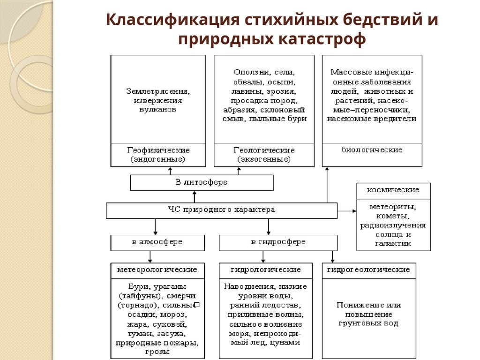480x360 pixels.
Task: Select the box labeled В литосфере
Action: (x=202, y=182)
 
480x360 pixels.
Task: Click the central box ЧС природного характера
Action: (x=221, y=210)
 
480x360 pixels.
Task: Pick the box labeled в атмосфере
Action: (x=157, y=242)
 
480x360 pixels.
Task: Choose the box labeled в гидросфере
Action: (x=278, y=242)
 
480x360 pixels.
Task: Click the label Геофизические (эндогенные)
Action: (x=158, y=155)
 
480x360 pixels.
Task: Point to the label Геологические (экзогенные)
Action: (x=264, y=155)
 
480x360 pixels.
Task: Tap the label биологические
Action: (x=372, y=150)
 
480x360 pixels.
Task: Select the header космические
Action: (x=393, y=190)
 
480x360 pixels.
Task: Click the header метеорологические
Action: (x=157, y=270)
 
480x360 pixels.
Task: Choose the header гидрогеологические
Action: (x=368, y=270)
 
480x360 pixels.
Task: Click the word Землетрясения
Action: (x=158, y=91)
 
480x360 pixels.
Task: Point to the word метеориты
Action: (x=393, y=206)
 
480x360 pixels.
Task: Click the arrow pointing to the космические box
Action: (x=353, y=211)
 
